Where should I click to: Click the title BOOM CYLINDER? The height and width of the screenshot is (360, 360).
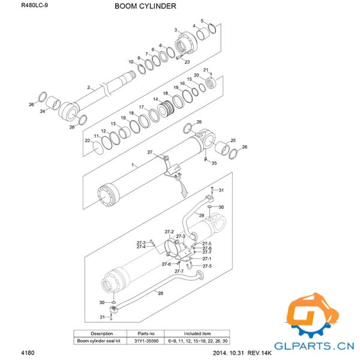145,7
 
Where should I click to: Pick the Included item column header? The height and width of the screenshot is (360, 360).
197,333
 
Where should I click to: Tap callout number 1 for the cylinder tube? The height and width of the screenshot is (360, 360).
133,164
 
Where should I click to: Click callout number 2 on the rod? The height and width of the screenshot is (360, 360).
88,88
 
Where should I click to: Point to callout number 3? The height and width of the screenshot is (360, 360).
176,30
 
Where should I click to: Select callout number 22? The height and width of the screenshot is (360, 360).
87,140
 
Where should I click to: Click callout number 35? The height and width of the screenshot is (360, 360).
214,163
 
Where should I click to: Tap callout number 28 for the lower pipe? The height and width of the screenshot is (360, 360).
160,293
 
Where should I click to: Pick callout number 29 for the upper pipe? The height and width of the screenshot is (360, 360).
202,215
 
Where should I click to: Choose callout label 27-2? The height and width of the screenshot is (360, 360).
169,232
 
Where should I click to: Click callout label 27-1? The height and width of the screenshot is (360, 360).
206,259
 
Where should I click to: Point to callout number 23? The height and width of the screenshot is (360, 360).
187,62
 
